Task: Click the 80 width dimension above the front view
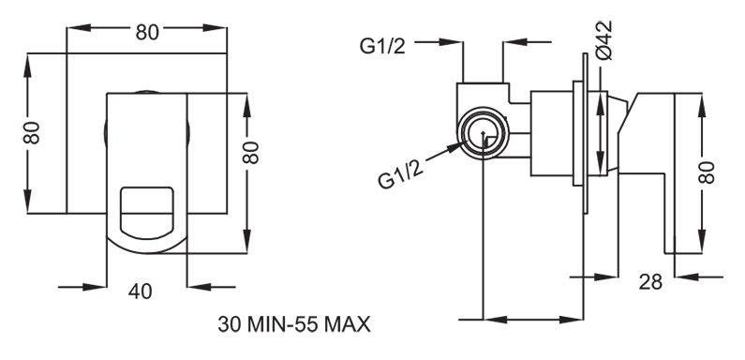147,32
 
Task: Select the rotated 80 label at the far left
32,133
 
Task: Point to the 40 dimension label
141,292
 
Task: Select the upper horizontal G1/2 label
382,46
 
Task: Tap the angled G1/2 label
401,173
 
